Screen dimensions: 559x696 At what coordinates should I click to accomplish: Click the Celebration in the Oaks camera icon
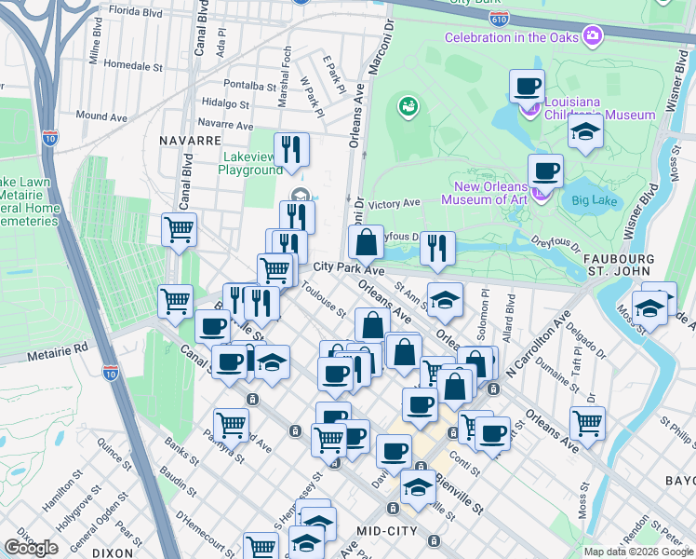pos(592,36)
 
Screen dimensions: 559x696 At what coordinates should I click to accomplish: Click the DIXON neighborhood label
pos(113,552)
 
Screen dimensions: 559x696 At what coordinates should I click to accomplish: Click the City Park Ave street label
pos(348,268)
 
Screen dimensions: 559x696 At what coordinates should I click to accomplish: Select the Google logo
pos(31,548)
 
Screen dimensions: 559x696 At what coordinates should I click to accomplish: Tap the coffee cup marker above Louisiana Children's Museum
pos(527,87)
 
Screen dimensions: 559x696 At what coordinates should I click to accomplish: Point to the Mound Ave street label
pos(101,116)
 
